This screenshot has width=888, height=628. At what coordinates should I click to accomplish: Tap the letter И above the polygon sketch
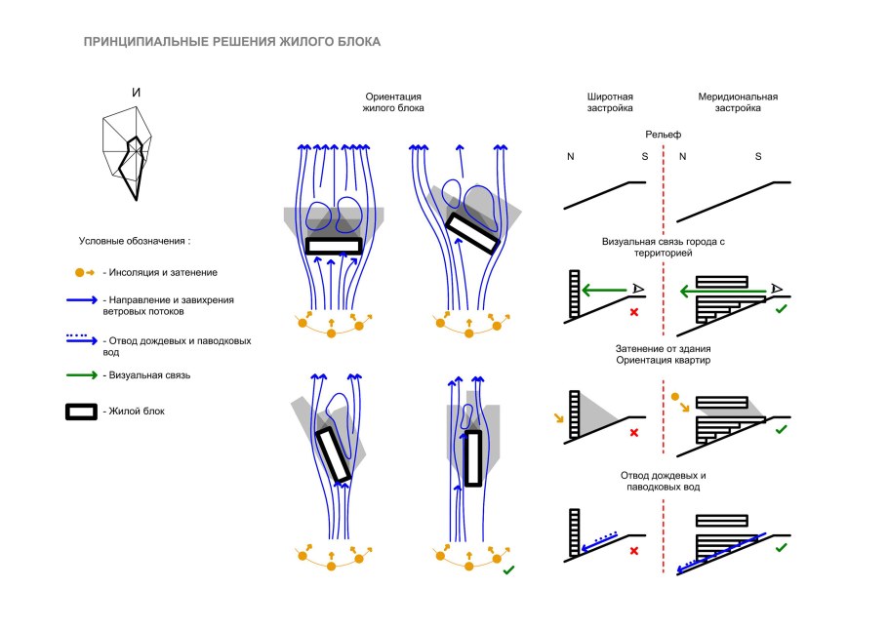coord(137,93)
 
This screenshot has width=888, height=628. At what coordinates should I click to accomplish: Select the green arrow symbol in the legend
coord(82,373)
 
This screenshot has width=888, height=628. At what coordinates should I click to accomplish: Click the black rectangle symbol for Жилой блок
coord(82,412)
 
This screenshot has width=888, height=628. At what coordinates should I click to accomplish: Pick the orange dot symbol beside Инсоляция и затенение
coord(82,272)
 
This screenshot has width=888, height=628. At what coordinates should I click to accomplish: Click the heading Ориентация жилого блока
coord(393,102)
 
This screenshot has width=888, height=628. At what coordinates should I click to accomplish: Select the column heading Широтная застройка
coord(610,102)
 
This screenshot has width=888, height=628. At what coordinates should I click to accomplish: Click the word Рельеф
coord(663,134)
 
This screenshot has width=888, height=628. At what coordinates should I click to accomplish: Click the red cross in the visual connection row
coord(634,312)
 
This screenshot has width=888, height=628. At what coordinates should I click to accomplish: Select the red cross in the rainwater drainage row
coord(634,552)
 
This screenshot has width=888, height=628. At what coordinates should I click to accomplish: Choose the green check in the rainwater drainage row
coord(781,549)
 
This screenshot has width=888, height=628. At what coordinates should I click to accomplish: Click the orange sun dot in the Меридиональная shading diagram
coord(675,397)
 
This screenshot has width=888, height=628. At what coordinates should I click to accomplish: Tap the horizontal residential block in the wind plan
coord(334,246)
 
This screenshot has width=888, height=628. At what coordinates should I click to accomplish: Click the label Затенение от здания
coord(663,349)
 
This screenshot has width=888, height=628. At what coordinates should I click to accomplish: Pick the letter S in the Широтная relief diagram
coord(643,157)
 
